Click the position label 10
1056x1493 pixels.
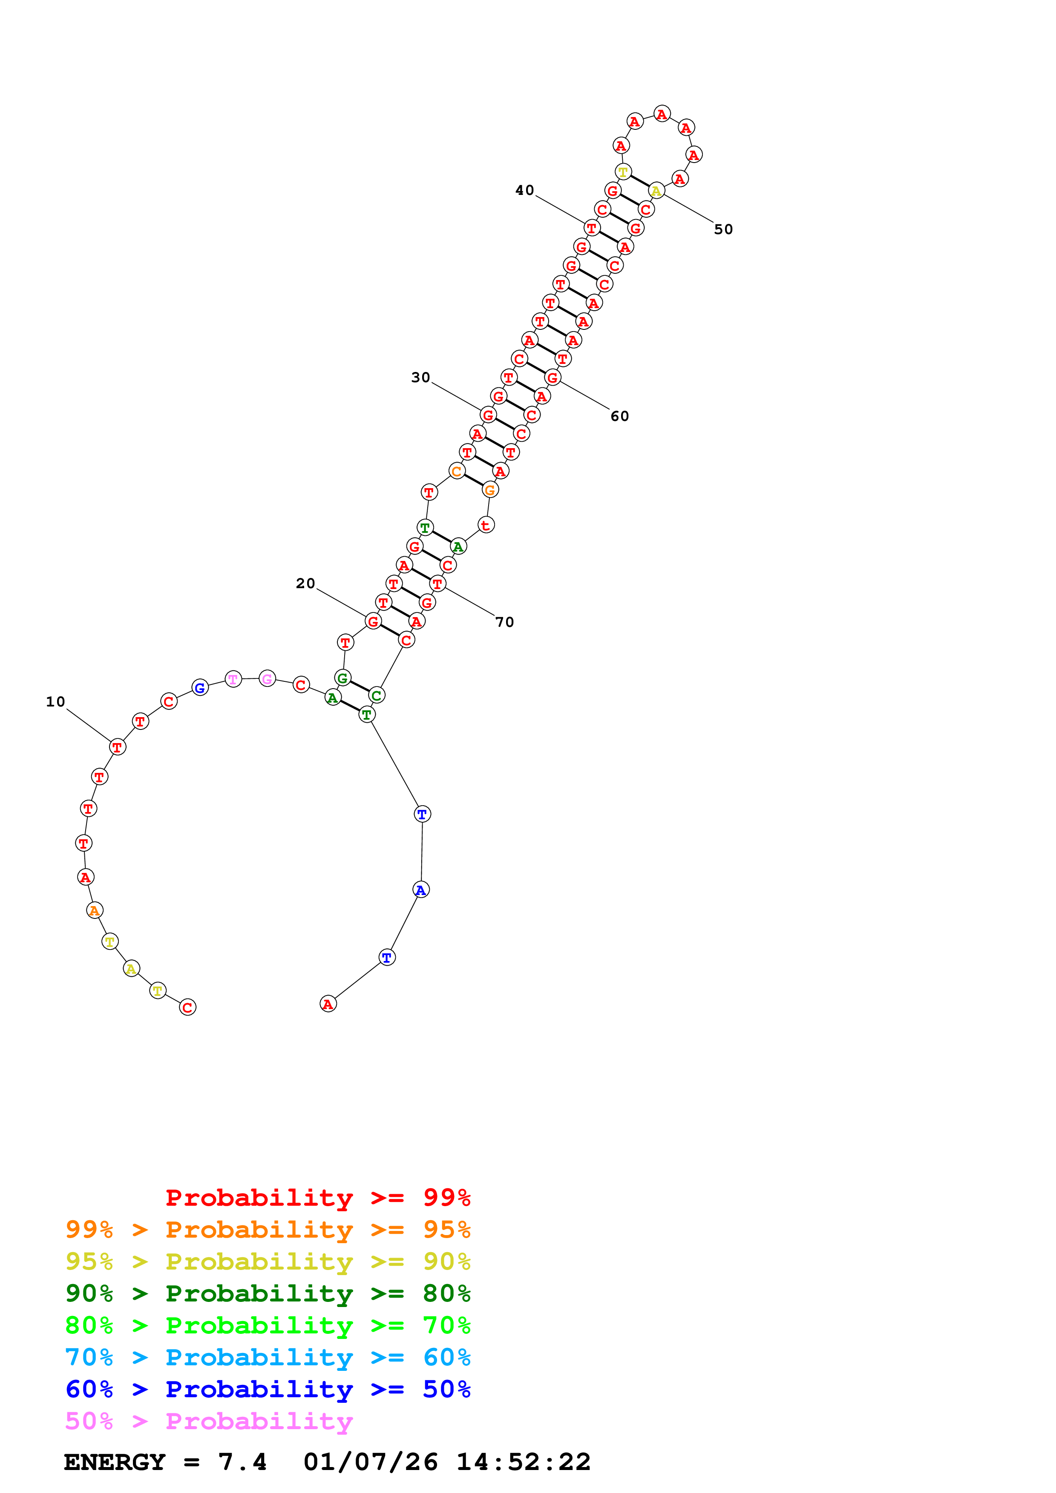(x=55, y=702)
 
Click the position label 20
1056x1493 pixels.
(x=305, y=583)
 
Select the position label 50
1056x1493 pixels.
(x=723, y=229)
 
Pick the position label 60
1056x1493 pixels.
(x=619, y=416)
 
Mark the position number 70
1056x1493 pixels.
(x=504, y=622)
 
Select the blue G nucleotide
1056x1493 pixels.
(x=200, y=687)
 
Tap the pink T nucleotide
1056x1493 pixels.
(x=233, y=679)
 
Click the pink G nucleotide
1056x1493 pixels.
(x=267, y=679)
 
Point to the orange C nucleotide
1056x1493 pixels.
(x=457, y=472)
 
